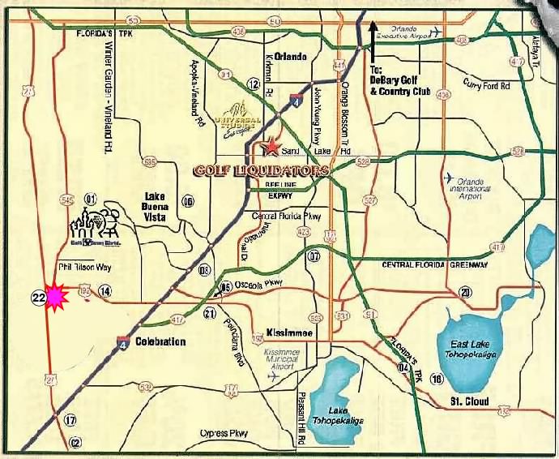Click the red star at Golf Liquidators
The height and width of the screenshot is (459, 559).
point(272,148)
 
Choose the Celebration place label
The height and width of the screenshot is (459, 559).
point(160,341)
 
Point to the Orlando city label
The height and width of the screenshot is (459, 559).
point(290,57)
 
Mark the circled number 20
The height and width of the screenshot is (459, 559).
point(465,292)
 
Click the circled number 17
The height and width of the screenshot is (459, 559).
point(70,419)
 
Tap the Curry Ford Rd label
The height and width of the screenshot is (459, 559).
point(486,82)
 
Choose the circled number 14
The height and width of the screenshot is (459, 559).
point(105,291)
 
